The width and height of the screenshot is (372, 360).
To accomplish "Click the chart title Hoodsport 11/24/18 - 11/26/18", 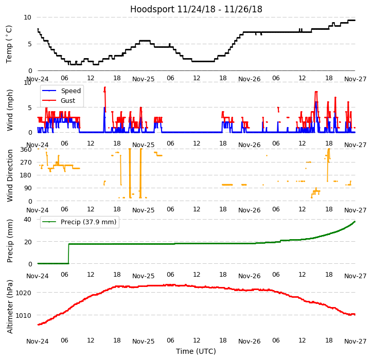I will pos(196,9).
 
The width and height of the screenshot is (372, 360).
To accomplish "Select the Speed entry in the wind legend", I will pos(70,91).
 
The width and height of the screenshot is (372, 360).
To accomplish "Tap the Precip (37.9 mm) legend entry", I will pos(87,222).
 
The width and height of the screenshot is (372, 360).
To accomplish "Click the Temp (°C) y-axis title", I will pos(9,44).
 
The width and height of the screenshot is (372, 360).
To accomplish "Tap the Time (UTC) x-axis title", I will pos(196,351).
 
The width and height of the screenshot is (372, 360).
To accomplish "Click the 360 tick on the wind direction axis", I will pos(26,150).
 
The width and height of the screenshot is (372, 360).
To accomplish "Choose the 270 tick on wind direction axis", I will pos(26,163).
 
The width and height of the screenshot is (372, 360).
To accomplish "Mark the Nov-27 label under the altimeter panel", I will pos(355,341).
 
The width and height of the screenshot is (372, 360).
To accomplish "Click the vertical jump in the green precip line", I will pos(68,254).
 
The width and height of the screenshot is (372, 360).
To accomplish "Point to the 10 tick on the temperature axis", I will pos(28,17).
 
